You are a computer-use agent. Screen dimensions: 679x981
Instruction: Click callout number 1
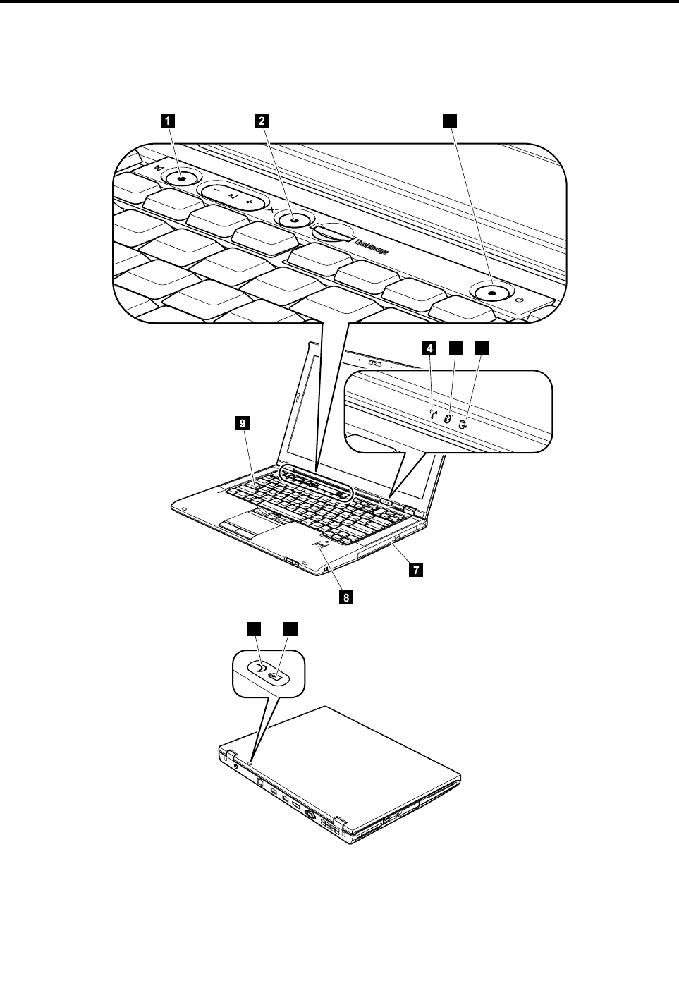coord(167,121)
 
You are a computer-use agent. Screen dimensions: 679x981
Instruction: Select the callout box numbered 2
coord(262,121)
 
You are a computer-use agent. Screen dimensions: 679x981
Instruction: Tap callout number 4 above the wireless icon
coord(429,348)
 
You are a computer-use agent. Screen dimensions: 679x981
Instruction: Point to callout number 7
coord(417,569)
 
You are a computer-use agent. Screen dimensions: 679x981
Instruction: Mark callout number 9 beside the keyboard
coord(242,423)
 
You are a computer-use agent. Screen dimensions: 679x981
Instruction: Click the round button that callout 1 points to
coord(183,179)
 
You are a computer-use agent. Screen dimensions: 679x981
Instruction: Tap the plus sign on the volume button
coord(250,202)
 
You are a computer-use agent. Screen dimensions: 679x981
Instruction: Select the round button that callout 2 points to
coord(295,221)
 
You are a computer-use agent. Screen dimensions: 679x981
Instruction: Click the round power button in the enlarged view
coord(491,291)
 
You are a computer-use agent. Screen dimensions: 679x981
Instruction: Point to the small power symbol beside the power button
coord(520,300)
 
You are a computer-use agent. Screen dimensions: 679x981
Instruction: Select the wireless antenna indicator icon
coord(434,416)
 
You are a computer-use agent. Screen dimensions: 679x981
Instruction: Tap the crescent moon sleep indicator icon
coord(261,668)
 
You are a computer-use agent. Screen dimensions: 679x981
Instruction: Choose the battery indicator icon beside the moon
coord(280,678)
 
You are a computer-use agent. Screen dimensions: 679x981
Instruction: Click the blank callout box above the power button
coord(449,121)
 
